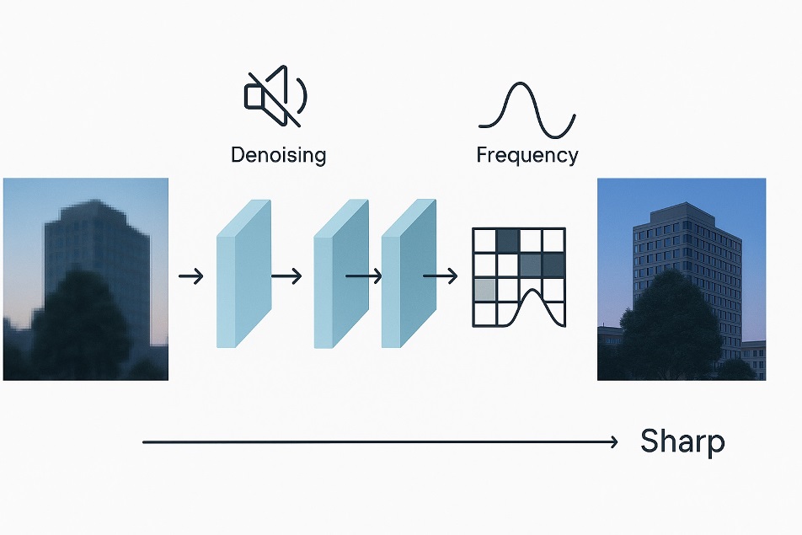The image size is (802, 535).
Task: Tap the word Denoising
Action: [x=278, y=155]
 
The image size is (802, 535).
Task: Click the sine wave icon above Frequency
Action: [x=527, y=110]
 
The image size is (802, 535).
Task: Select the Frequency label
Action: [x=527, y=155]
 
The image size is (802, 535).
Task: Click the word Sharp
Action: [x=682, y=441]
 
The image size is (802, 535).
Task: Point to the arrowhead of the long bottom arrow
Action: [x=614, y=441]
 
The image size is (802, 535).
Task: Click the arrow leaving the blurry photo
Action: [x=192, y=276]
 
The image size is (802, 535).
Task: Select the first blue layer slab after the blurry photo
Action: [x=243, y=274]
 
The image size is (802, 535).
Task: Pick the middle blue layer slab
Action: [x=341, y=274]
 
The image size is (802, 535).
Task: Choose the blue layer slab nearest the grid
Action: [x=409, y=274]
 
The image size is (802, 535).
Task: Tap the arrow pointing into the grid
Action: [x=440, y=276]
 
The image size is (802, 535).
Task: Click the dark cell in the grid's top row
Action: [x=507, y=241]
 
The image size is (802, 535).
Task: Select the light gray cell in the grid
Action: [x=484, y=290]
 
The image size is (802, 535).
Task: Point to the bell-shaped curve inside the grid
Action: [x=534, y=300]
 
